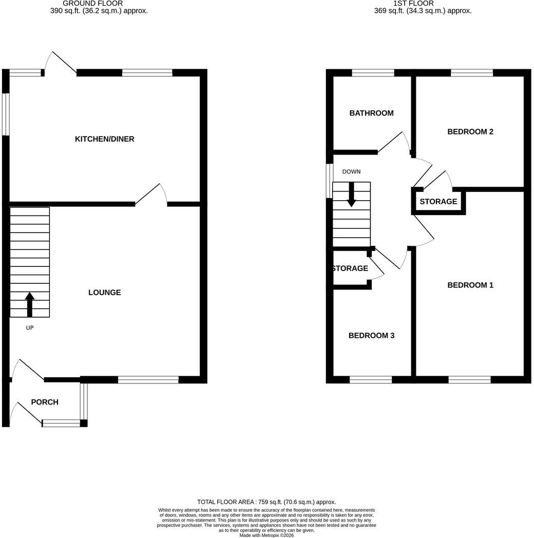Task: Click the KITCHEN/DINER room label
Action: click(104, 139)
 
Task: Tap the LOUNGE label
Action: click(105, 292)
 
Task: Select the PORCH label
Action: click(45, 402)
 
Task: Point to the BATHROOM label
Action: click(371, 113)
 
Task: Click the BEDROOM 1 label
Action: click(470, 285)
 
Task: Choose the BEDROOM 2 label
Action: click(470, 132)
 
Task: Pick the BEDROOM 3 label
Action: click(371, 336)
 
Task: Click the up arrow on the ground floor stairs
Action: click(30, 305)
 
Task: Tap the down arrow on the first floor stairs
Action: click(351, 195)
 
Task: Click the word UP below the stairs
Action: click(30, 328)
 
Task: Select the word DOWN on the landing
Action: click(351, 171)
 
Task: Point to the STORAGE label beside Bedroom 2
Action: click(438, 201)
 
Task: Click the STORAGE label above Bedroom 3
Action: click(351, 268)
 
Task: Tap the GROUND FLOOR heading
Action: click(92, 4)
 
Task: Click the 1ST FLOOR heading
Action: click(413, 4)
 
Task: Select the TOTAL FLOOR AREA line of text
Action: click(266, 502)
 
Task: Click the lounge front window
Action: click(148, 379)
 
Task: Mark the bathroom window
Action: click(373, 73)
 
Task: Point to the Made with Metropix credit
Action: click(266, 535)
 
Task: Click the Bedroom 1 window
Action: click(469, 379)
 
